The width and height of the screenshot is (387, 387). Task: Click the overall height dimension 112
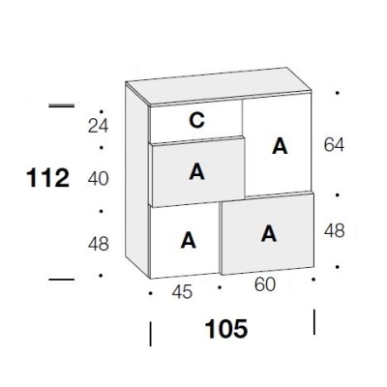(47, 178)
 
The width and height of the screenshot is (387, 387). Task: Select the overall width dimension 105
(226, 329)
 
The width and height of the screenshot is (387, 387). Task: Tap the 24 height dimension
(99, 126)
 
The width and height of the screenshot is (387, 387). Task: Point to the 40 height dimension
(99, 179)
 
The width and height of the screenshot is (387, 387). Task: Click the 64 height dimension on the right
(334, 144)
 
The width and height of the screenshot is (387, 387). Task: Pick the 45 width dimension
(182, 292)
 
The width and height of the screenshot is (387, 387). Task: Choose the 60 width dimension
(265, 284)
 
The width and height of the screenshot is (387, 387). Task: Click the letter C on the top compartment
(196, 120)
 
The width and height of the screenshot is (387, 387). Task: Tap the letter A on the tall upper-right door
(280, 146)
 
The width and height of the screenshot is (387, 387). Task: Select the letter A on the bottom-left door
(189, 240)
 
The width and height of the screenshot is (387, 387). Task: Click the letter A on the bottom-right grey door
(269, 233)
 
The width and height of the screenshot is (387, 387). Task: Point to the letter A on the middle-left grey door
(196, 171)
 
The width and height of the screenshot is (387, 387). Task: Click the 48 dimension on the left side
(99, 244)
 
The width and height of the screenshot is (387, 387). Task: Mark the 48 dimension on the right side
(335, 231)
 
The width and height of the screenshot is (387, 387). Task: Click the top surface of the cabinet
(219, 86)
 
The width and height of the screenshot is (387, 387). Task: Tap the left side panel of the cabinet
(137, 181)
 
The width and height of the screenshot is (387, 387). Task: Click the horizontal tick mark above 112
(61, 105)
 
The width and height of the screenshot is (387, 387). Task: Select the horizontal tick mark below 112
(61, 280)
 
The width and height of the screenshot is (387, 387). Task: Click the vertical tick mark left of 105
(150, 334)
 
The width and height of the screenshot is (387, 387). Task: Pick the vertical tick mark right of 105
(314, 322)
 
